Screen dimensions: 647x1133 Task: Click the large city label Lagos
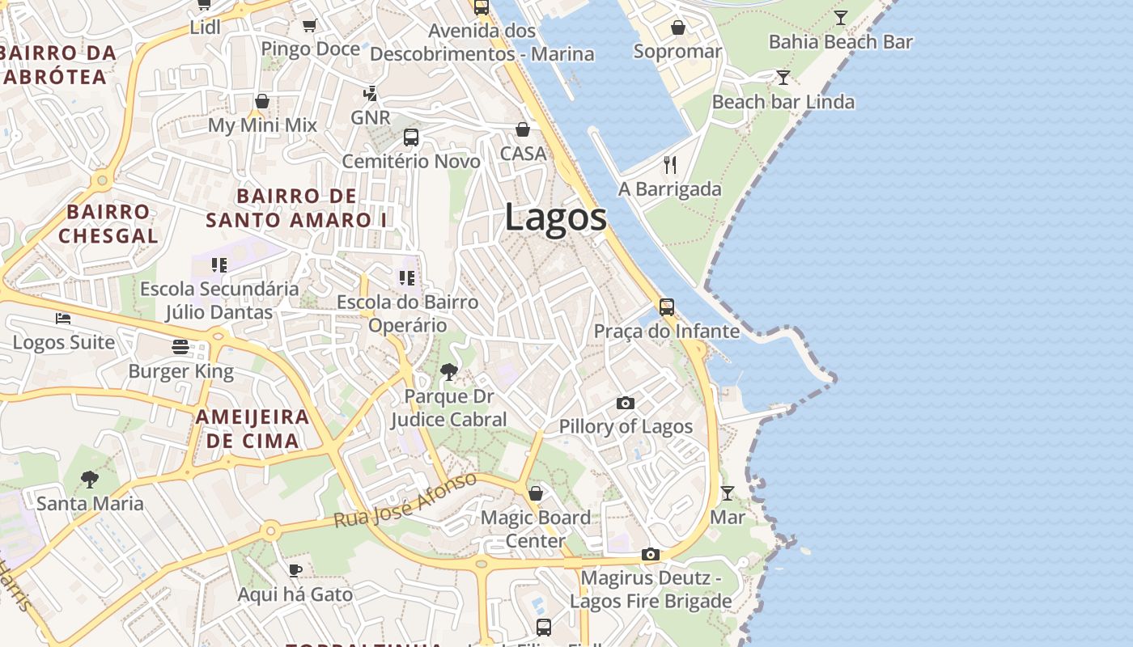pyautogui.click(x=556, y=218)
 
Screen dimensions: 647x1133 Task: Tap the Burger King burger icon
pyautogui.click(x=180, y=347)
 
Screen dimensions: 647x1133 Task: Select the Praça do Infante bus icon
pyautogui.click(x=666, y=307)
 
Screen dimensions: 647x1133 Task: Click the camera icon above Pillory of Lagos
pyautogui.click(x=625, y=403)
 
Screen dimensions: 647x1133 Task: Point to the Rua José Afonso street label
pyautogui.click(x=406, y=501)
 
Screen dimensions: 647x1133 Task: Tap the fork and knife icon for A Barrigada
pyautogui.click(x=669, y=165)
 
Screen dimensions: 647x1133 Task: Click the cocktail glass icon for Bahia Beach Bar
pyautogui.click(x=841, y=17)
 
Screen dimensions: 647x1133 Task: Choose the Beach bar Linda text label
pyautogui.click(x=783, y=102)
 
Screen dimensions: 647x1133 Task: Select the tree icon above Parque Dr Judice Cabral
pyautogui.click(x=448, y=372)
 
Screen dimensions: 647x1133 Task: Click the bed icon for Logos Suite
pyautogui.click(x=63, y=319)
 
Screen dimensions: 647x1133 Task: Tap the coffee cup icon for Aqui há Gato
pyautogui.click(x=295, y=570)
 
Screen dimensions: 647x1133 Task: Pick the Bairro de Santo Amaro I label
pyautogui.click(x=296, y=208)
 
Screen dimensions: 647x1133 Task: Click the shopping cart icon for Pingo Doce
pyautogui.click(x=309, y=25)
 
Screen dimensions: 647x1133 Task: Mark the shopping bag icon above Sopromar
pyautogui.click(x=677, y=27)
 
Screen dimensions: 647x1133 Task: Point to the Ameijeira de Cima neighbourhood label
pyautogui.click(x=252, y=429)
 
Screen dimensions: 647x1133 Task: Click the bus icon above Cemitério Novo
pyautogui.click(x=410, y=137)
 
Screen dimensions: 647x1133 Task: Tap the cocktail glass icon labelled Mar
pyautogui.click(x=727, y=493)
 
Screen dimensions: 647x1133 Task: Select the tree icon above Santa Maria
pyautogui.click(x=90, y=480)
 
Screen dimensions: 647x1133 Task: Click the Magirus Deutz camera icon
pyautogui.click(x=650, y=554)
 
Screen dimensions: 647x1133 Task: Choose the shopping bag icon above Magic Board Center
pyautogui.click(x=535, y=493)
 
